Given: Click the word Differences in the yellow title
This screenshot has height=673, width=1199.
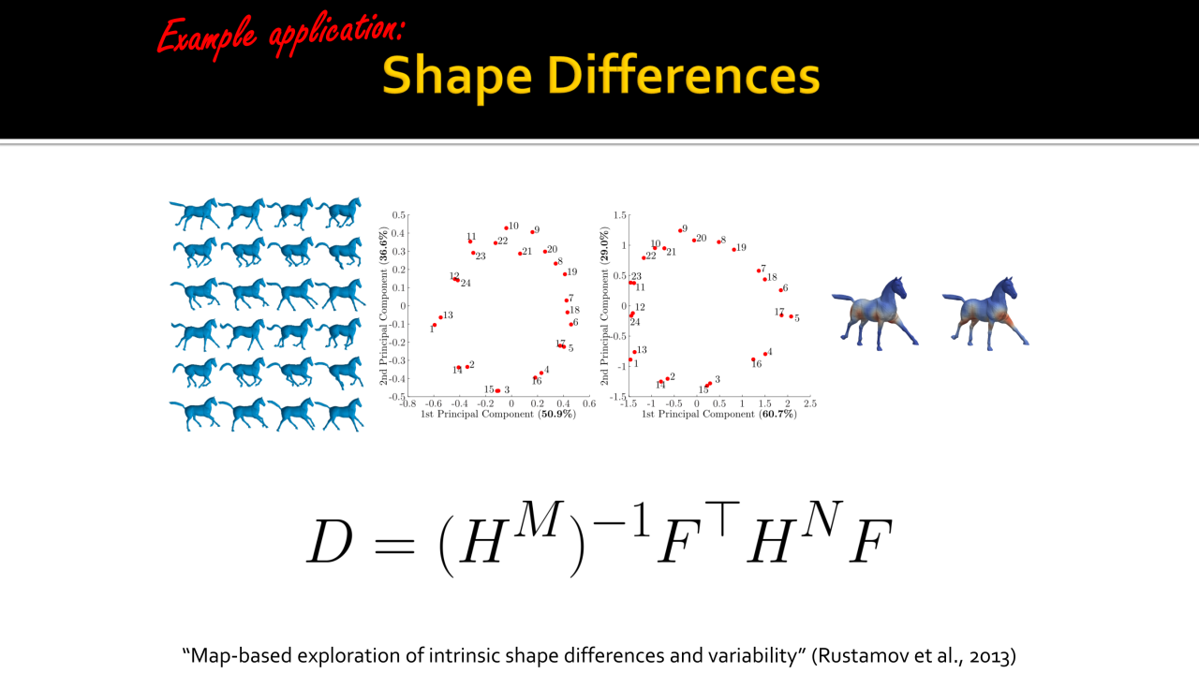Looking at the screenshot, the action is point(683,76).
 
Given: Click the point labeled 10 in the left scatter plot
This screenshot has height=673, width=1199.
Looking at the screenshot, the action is point(507,227).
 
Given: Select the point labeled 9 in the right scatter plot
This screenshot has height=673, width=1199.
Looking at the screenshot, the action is point(680,230).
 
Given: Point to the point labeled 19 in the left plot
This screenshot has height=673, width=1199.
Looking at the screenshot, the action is point(565,274).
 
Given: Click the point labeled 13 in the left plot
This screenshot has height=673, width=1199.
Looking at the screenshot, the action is point(440,317).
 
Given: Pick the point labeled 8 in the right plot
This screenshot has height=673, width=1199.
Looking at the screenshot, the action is point(718,241).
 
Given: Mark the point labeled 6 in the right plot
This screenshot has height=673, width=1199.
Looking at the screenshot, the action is point(780,290).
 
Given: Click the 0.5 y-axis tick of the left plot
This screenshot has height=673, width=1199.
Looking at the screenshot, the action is point(399,215).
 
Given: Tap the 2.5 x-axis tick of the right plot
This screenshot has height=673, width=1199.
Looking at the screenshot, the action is point(810,403).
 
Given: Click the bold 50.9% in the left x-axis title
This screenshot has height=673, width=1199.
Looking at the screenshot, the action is point(556,414).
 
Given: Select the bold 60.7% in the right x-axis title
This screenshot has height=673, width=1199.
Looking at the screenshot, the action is point(777,414).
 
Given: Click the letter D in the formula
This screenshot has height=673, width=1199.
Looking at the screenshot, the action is point(330,541).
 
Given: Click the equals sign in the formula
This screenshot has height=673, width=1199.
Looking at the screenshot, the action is point(395,545).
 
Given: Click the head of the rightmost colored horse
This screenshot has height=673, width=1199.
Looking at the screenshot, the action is point(1006,290).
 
